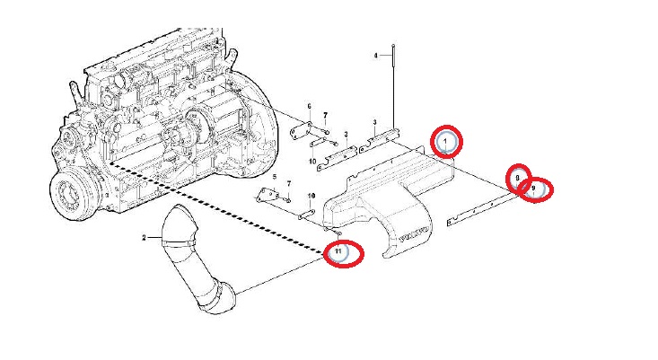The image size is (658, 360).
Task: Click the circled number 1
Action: point(447,141)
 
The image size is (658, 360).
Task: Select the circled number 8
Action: point(518,179)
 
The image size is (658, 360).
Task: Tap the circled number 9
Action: point(536,189)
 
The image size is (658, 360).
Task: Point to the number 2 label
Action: point(144,237)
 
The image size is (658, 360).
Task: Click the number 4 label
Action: point(376,56)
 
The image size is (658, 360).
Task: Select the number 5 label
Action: point(276,177)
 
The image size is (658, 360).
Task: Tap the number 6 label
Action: point(309,106)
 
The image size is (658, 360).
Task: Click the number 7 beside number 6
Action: point(326,116)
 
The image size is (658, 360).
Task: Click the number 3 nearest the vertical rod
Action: point(374,121)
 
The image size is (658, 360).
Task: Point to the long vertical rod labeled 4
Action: point(393,90)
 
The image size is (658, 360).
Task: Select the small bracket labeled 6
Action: point(303,129)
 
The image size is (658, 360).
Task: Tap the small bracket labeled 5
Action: point(266,198)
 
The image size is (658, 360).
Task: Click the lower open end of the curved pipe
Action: point(217,302)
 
